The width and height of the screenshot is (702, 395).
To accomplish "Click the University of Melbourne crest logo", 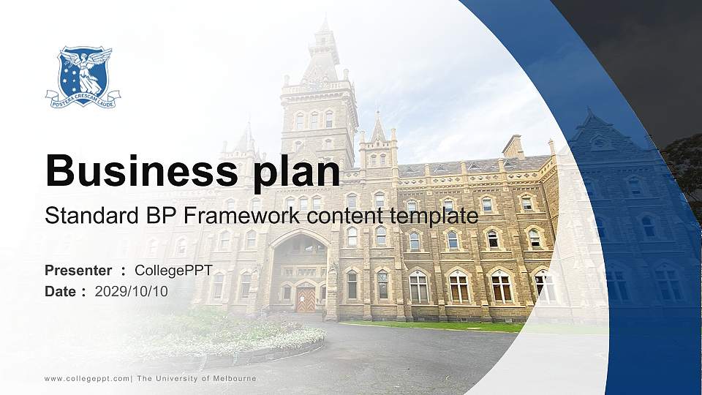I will click(83, 77).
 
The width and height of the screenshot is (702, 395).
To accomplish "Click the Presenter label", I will click(78, 271).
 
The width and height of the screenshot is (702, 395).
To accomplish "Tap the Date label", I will click(60, 291).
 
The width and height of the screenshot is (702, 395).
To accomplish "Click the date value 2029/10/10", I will click(132, 291).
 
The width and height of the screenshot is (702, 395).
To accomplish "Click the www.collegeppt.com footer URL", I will click(87, 379).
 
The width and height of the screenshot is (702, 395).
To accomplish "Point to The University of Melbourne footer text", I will click(197, 379).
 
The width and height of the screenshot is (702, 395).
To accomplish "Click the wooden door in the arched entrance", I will click(306, 298).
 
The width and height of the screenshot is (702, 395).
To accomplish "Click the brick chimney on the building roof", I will click(513, 146).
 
